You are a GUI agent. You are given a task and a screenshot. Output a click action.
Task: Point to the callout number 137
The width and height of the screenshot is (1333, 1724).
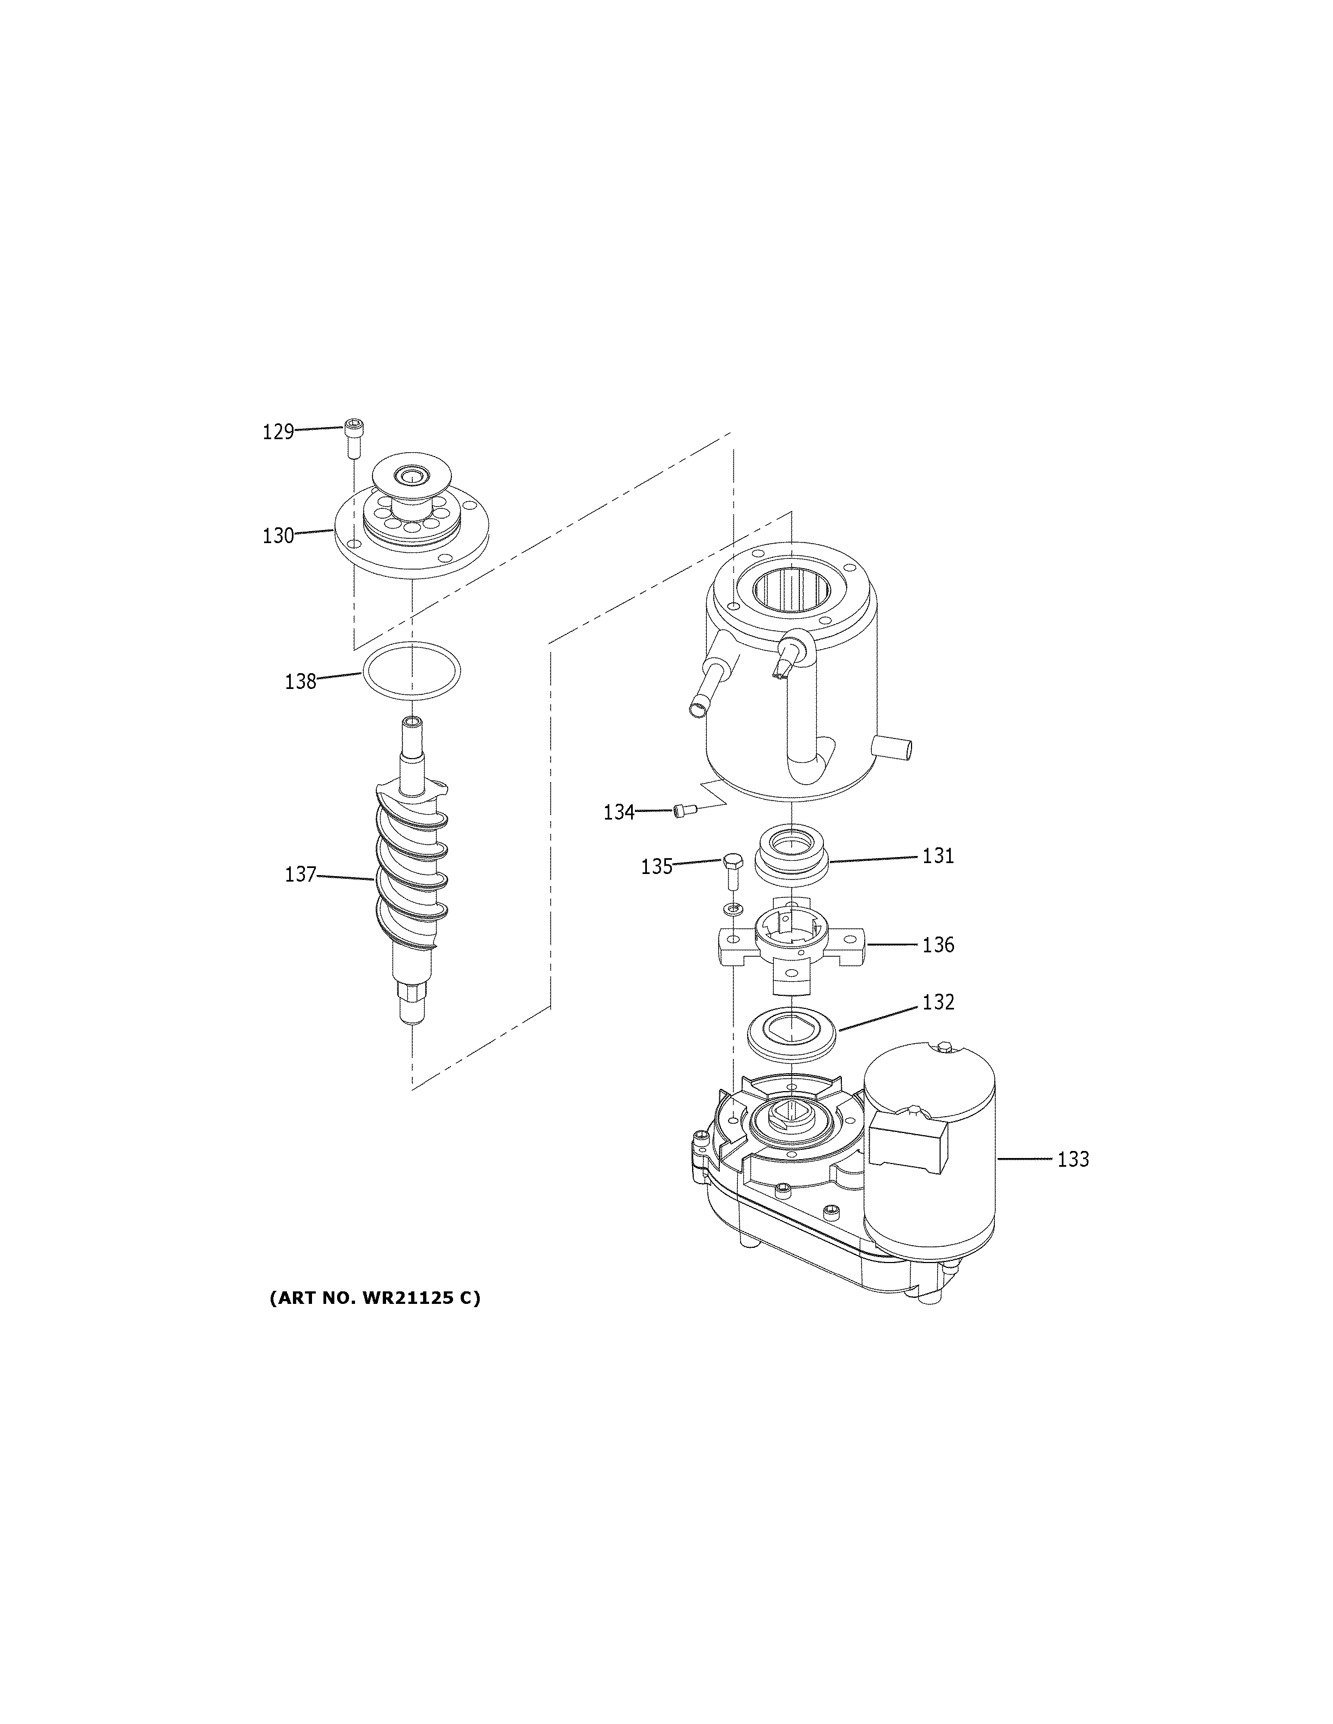point(300,874)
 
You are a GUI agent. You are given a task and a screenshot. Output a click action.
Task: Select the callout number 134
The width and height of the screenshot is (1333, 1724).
point(619,811)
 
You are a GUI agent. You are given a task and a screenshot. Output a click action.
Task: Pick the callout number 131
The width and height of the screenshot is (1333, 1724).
point(938,855)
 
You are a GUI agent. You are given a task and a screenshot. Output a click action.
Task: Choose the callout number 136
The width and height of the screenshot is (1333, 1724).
point(938,944)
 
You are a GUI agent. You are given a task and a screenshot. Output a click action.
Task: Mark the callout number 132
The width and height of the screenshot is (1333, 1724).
point(938,1002)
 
